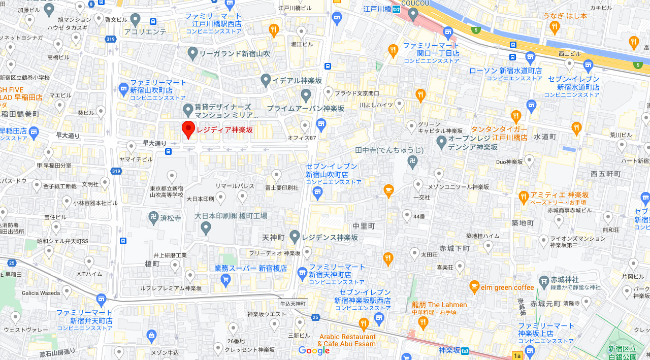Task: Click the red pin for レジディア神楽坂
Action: (188, 130)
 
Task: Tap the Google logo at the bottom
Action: (314, 350)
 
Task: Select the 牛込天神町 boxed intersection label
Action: (293, 304)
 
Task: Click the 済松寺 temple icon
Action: (153, 218)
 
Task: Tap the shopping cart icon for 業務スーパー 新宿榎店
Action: (226, 279)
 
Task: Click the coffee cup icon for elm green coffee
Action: (474, 286)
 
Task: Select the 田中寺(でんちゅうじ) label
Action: (389, 150)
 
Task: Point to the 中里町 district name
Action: (364, 226)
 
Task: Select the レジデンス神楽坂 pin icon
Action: (295, 236)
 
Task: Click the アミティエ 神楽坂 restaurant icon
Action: (524, 197)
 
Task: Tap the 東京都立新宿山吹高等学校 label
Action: (166, 191)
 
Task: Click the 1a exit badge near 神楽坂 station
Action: (517, 355)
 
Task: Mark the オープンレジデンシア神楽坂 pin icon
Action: (441, 141)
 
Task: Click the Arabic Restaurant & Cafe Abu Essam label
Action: (347, 340)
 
